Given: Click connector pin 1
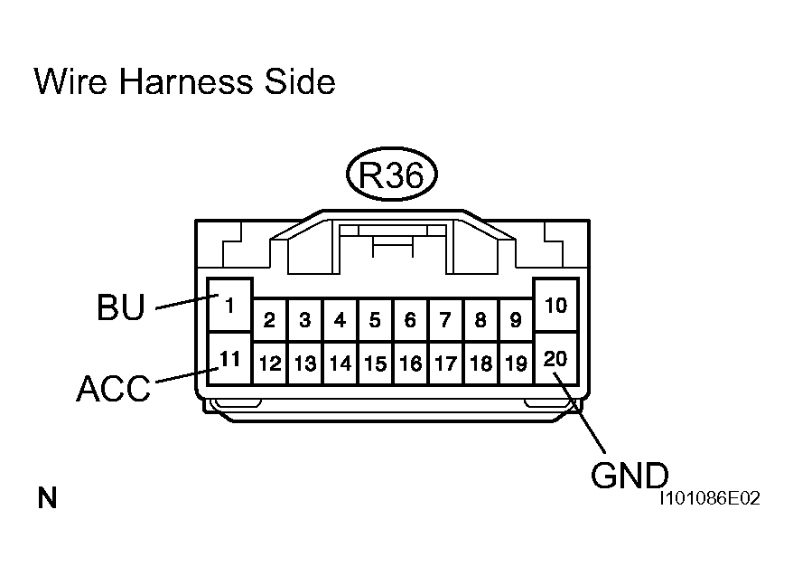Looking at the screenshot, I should coord(229,305).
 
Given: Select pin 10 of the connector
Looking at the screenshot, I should coord(556,305).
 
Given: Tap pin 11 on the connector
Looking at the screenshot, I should coord(229,358).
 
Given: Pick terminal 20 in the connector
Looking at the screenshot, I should coord(556,358).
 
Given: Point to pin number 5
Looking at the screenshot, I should coord(375,319).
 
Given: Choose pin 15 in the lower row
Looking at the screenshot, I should coord(375,364).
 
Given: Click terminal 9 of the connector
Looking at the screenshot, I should coord(516,319).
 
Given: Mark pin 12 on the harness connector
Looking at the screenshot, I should coord(269,364).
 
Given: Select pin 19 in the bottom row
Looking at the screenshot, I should coord(516,364).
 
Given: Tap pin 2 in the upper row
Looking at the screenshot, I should coord(269,319).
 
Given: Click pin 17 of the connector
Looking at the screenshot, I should coord(445,364).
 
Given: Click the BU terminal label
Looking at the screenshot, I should coord(120,308).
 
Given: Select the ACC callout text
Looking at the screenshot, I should coord(113,389).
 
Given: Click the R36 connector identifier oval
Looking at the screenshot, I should coord(391,175).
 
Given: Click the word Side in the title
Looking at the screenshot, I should coord(300,82).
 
